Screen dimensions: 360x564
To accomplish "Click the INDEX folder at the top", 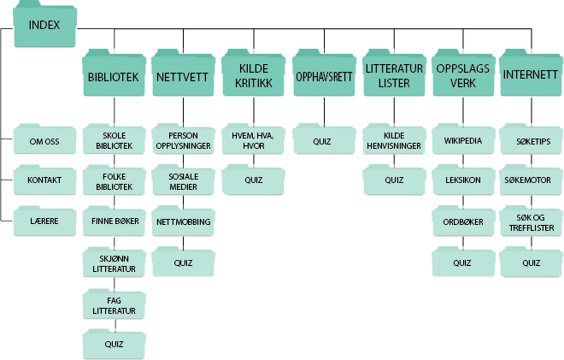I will (x=44, y=27).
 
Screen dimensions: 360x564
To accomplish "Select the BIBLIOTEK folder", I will (x=114, y=77).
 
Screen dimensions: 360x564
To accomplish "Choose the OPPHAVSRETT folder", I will (x=324, y=77).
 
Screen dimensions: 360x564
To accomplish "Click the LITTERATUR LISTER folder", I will (x=394, y=77).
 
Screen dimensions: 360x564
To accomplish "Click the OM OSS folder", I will (x=44, y=141).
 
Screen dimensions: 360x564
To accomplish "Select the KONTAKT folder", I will (x=44, y=181).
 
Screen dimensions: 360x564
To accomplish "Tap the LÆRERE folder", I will (x=44, y=221).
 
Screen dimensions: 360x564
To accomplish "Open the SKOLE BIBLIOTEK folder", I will (x=114, y=141).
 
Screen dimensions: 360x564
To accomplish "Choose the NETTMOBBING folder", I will (x=184, y=222).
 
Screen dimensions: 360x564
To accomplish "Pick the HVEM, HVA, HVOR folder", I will (x=254, y=141).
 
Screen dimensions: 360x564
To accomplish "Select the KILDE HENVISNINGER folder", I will (x=394, y=141).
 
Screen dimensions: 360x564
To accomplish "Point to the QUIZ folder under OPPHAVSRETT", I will (x=324, y=139).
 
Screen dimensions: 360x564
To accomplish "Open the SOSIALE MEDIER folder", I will (x=184, y=181).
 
